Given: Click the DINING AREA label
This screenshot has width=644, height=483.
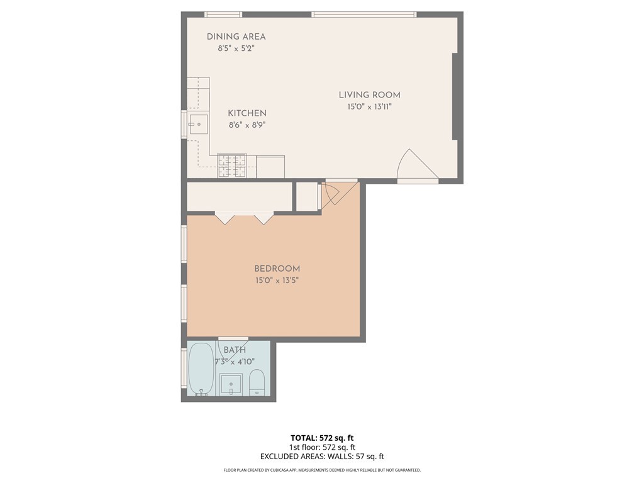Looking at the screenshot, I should click(x=236, y=36).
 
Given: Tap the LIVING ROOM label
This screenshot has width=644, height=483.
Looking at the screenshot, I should click(x=369, y=95).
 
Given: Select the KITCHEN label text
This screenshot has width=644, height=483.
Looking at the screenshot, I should click(x=247, y=113).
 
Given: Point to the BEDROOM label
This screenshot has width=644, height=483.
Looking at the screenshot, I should click(x=277, y=269).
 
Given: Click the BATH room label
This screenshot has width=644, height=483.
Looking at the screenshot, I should click(x=235, y=350).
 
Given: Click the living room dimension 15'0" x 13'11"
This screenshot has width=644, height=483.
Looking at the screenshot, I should click(x=369, y=107).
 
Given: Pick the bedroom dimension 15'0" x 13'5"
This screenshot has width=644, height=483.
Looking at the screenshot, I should click(x=277, y=280).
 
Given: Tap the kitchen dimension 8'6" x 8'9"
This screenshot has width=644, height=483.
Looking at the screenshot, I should click(x=247, y=125).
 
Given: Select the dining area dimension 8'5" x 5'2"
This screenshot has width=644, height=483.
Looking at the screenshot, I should click(x=236, y=48).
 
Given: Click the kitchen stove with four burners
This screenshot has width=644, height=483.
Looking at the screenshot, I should click(x=232, y=166).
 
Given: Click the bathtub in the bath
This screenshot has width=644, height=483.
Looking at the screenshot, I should click(x=201, y=369).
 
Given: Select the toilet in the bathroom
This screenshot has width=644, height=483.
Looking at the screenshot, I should click(x=257, y=382).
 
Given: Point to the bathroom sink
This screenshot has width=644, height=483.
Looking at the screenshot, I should click(x=231, y=384).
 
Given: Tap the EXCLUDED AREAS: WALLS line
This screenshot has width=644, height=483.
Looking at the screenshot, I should click(x=321, y=457).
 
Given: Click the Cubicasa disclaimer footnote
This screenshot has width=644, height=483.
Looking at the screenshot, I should click(x=322, y=470).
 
